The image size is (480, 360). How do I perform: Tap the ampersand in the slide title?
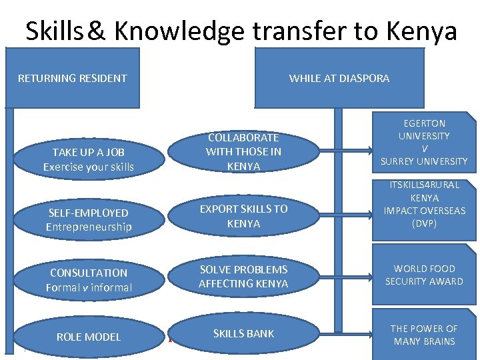click(96, 31)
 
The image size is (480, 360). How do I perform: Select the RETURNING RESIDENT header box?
click(72, 78)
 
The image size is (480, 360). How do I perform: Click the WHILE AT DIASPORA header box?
click(339, 78)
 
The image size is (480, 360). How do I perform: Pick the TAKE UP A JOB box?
click(88, 159)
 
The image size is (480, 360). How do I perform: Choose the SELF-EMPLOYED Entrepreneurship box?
click(88, 220)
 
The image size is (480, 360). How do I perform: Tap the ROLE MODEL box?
click(88, 337)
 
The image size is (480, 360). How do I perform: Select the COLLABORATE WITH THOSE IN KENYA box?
click(243, 151)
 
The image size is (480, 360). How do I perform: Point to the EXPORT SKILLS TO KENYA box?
click(243, 216)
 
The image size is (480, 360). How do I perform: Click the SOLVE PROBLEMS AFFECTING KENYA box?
click(243, 276)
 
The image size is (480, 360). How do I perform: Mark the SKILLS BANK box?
click(243, 333)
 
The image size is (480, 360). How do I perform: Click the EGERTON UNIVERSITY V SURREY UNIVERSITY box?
click(424, 142)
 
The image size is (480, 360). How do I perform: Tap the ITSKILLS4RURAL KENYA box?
click(424, 205)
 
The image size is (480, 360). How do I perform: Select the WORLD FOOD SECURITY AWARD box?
click(424, 275)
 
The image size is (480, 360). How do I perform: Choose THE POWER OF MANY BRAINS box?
click(424, 335)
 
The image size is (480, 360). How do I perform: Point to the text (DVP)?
click(424, 223)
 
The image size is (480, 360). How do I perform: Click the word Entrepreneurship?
click(89, 227)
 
